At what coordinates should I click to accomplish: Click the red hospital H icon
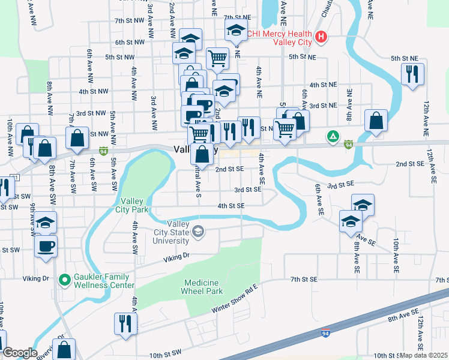click(321, 37)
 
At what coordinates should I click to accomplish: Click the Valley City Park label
click(134, 205)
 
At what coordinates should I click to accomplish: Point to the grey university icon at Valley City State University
click(197, 232)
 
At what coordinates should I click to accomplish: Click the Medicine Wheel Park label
click(202, 287)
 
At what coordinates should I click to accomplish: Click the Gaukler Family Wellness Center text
click(104, 281)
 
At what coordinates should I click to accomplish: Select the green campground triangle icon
click(331, 137)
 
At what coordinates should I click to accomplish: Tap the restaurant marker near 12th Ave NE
click(412, 74)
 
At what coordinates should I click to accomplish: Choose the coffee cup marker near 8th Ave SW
click(46, 245)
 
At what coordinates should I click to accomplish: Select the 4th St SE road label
click(231, 206)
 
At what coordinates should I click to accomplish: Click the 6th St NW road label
click(130, 42)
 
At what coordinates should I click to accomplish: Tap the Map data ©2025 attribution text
click(424, 355)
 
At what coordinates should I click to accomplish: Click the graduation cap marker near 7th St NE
click(237, 31)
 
